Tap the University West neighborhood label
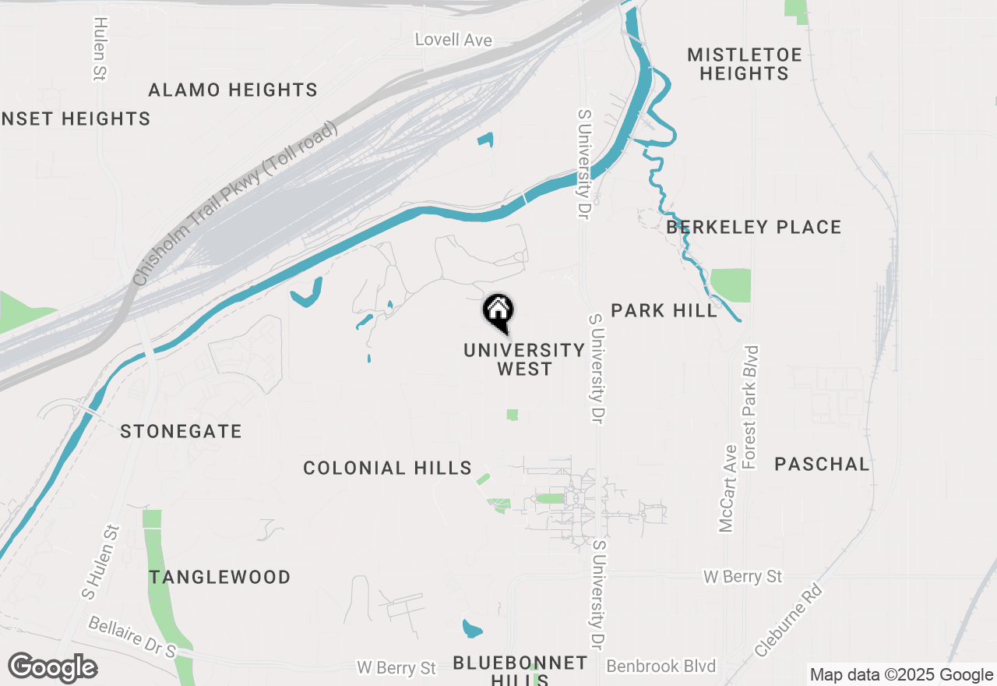(x=524, y=359)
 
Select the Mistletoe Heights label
(x=745, y=64)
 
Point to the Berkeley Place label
(x=754, y=227)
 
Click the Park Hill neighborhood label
(x=664, y=310)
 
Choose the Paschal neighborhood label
(x=822, y=464)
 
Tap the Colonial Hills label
(x=387, y=468)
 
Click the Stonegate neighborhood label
(x=181, y=431)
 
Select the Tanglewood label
(x=220, y=577)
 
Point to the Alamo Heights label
(x=233, y=90)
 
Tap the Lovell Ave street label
(x=453, y=39)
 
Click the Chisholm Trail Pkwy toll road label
(x=234, y=203)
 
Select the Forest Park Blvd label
(x=752, y=407)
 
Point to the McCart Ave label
(x=728, y=489)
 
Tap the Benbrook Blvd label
(x=661, y=667)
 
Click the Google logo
(x=53, y=668)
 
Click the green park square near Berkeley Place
(x=731, y=285)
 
